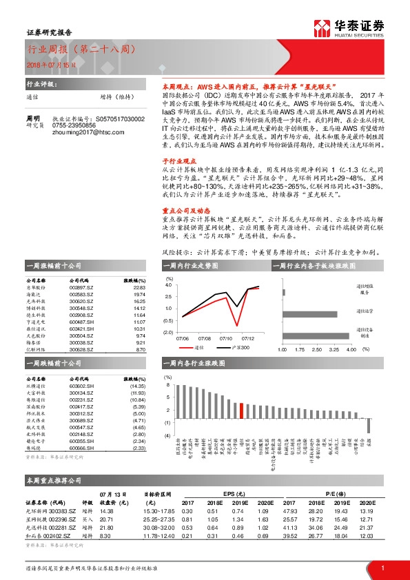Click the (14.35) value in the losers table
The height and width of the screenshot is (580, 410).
pyautogui.click(x=138, y=388)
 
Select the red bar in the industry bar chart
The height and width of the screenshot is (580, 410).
pyautogui.click(x=241, y=411)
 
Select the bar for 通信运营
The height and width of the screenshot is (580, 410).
pyautogui.click(x=309, y=313)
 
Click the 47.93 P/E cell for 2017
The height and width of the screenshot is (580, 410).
pyautogui.click(x=289, y=510)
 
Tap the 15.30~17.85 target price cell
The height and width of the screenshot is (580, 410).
pyautogui.click(x=159, y=510)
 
